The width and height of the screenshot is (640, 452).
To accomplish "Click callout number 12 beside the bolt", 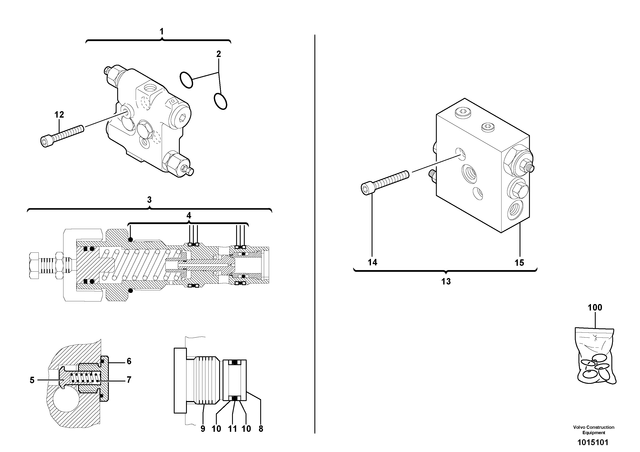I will click(x=59, y=115).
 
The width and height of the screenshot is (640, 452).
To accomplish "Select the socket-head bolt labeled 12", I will click(x=62, y=136).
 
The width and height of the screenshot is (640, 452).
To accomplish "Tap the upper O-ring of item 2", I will click(x=186, y=80).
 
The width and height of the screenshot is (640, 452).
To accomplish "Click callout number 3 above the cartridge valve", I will click(x=149, y=200).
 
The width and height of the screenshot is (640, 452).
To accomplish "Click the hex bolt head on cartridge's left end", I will click(x=34, y=265).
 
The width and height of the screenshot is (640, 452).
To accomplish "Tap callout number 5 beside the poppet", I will click(x=32, y=380).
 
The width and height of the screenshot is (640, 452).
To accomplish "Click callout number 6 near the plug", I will click(x=129, y=361).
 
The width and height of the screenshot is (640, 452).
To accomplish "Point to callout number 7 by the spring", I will click(x=129, y=380).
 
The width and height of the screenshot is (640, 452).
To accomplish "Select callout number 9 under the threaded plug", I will click(x=203, y=429).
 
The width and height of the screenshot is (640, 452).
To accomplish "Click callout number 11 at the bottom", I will click(x=232, y=429).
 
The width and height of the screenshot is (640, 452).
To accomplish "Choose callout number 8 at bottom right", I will click(x=261, y=429).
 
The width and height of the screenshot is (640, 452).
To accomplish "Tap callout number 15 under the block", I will click(x=519, y=263).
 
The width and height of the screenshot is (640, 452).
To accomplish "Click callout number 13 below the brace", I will click(x=446, y=281).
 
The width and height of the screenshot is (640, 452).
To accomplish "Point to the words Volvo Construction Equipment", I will click(x=594, y=430).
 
